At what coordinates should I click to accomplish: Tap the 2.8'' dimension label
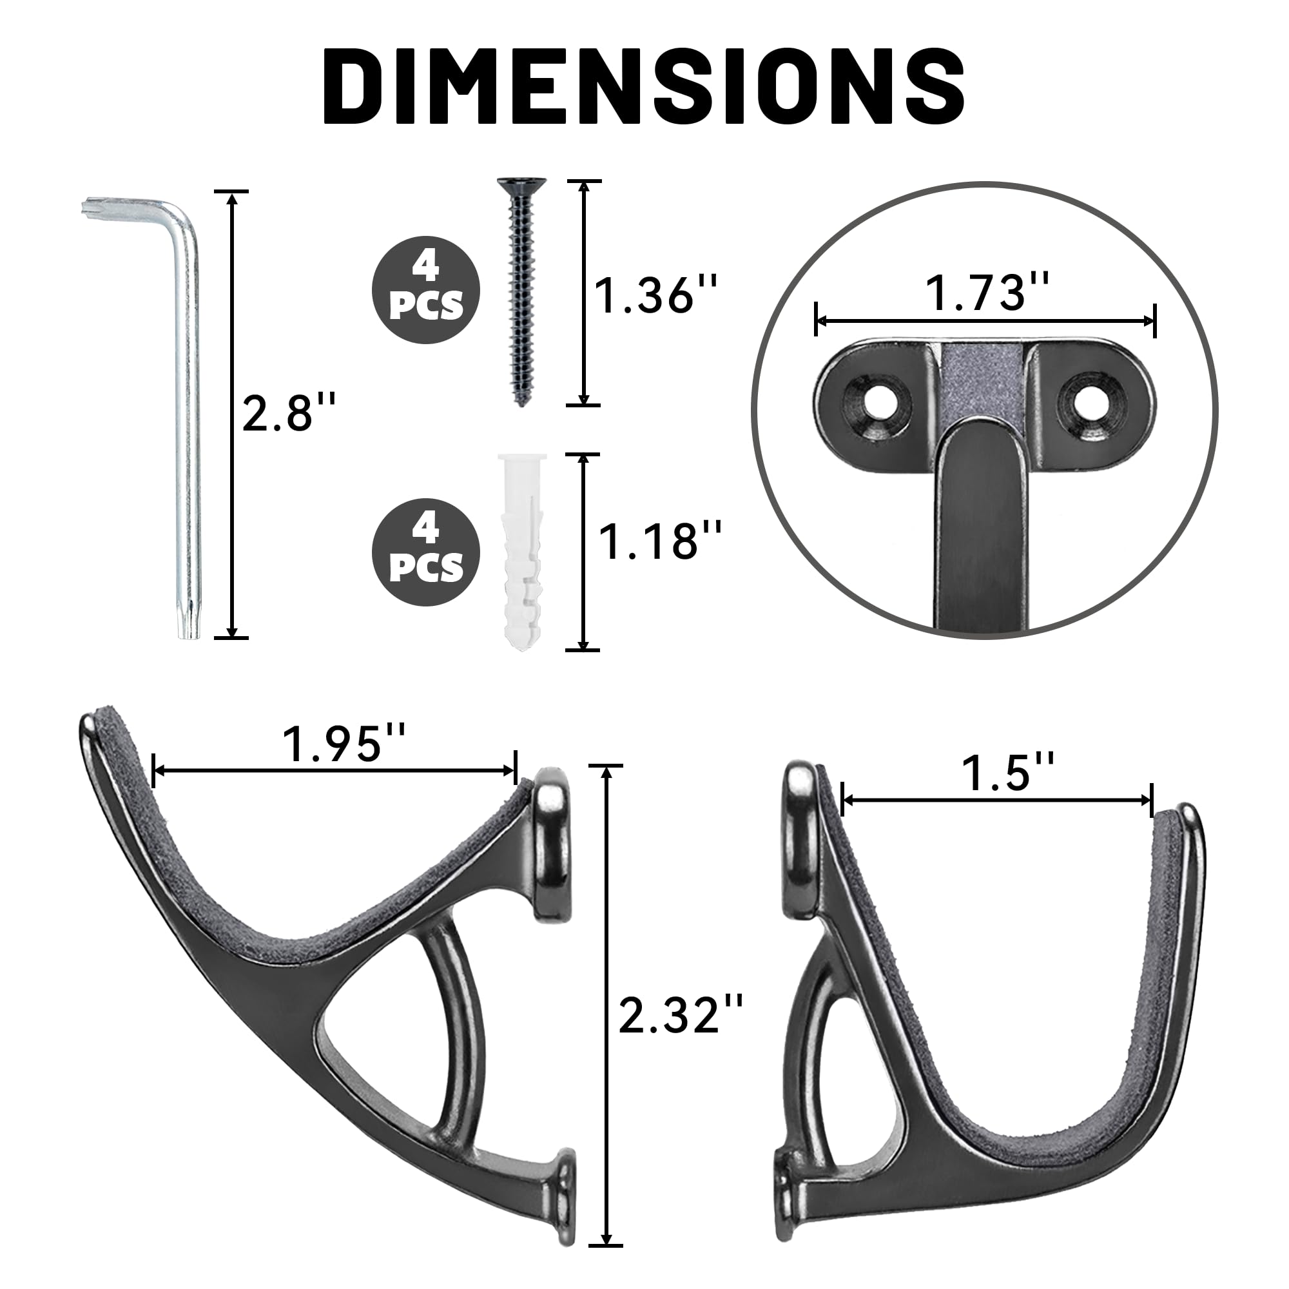point(288,413)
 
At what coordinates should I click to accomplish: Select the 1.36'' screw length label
point(656,295)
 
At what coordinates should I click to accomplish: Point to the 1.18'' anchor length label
point(660,541)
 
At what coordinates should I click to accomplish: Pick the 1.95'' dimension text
point(344,744)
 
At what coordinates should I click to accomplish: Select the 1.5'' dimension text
point(1008,773)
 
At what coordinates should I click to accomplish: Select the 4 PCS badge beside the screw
point(425,290)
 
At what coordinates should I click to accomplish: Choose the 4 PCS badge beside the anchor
point(425,552)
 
